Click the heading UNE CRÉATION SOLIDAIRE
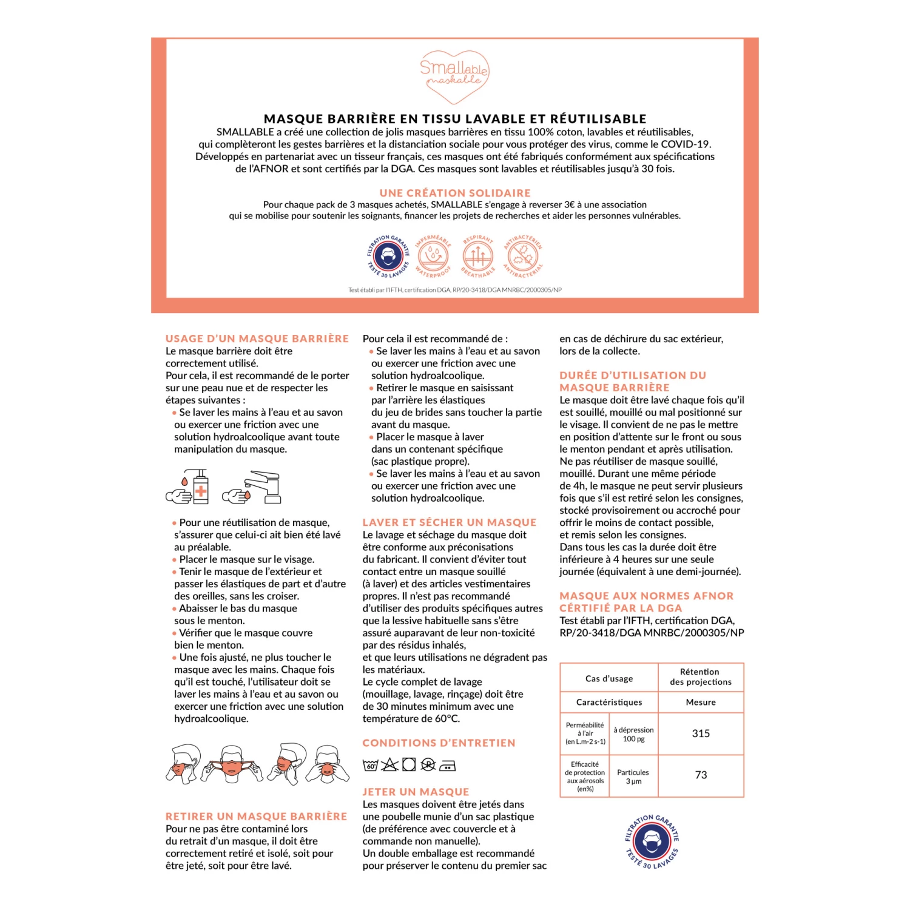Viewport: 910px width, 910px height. click(455, 193)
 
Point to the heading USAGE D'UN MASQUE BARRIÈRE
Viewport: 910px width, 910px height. click(257, 339)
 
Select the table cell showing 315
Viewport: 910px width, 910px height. click(701, 733)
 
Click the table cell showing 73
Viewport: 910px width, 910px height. click(701, 775)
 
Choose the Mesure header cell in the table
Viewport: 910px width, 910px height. click(701, 702)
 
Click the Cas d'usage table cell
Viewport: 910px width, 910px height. click(609, 678)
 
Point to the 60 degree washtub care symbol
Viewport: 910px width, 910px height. click(370, 765)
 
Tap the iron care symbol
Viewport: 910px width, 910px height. click(447, 766)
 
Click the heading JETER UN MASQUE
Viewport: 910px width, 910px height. click(416, 792)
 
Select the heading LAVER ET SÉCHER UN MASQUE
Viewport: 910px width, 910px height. click(450, 522)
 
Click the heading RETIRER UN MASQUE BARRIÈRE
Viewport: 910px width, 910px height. click(257, 817)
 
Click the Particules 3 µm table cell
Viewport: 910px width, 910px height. click(633, 777)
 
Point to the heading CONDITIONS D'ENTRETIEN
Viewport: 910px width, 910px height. click(439, 743)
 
